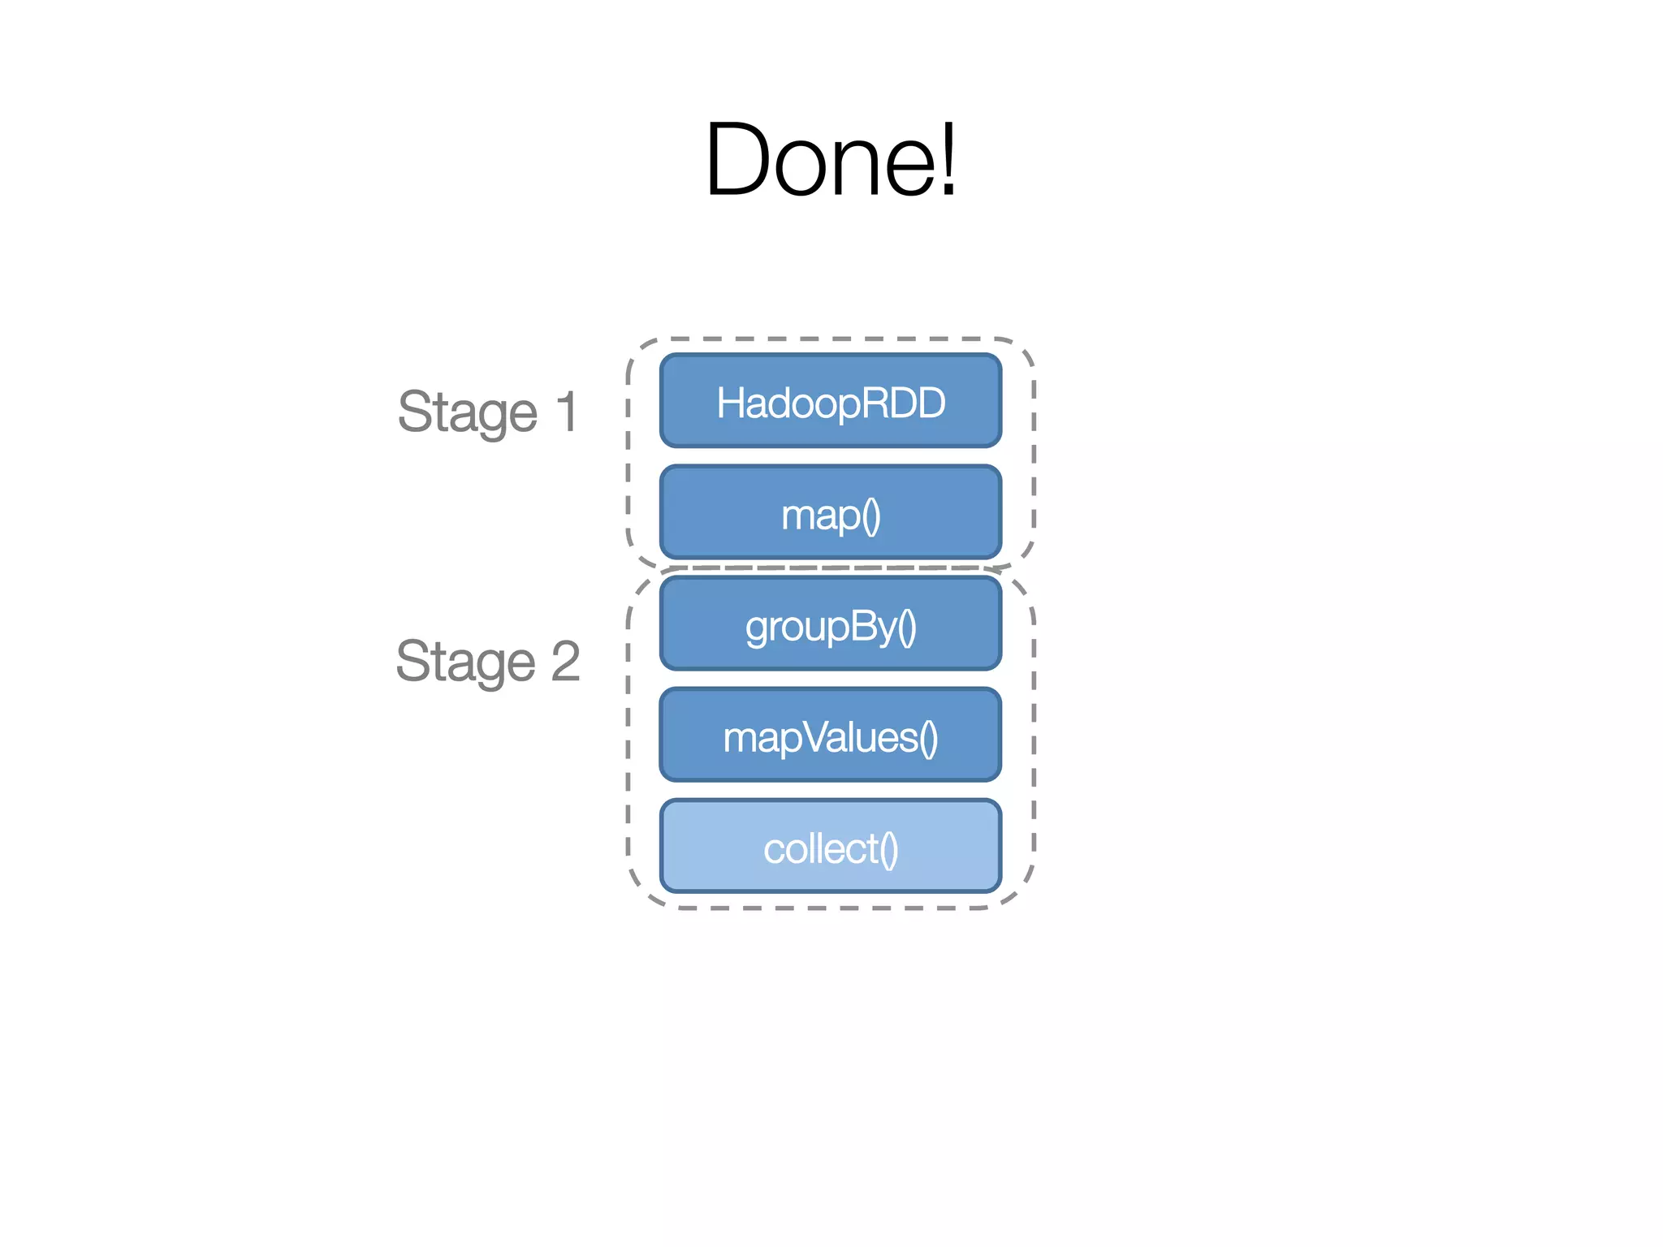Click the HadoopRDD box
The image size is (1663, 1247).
pyautogui.click(x=831, y=401)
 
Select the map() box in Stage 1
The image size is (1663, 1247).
pyautogui.click(x=831, y=512)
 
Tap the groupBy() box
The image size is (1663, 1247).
pyautogui.click(x=831, y=623)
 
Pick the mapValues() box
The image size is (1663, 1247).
pyautogui.click(x=831, y=735)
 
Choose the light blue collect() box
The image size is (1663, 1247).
pyautogui.click(x=831, y=846)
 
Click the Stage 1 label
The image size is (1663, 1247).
pyautogui.click(x=488, y=412)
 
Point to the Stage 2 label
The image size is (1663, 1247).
pyautogui.click(x=488, y=661)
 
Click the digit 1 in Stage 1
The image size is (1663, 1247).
pyautogui.click(x=567, y=412)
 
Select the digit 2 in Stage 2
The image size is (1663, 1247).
pyautogui.click(x=565, y=661)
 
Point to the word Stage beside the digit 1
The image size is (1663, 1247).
pyautogui.click(x=468, y=413)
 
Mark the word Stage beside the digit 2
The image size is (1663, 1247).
pyautogui.click(x=466, y=662)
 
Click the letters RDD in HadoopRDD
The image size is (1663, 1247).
pyautogui.click(x=909, y=403)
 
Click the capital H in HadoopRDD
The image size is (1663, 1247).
pyautogui.click(x=728, y=403)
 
